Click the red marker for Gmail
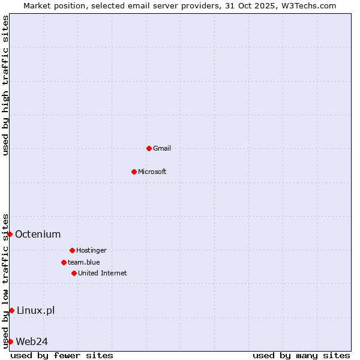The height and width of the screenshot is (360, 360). [149, 148]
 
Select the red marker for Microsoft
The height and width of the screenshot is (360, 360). [134, 172]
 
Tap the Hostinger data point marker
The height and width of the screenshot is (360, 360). [72, 250]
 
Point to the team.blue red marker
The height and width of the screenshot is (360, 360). [64, 262]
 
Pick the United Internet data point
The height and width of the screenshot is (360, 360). [74, 273]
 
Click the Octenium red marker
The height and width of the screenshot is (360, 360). [10, 234]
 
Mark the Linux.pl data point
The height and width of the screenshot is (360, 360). [11, 310]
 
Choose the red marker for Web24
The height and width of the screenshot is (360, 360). [10, 341]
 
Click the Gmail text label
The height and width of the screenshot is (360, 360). [162, 148]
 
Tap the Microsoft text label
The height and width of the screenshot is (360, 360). [152, 172]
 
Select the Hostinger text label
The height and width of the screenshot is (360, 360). [91, 250]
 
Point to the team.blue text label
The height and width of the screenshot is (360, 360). [84, 262]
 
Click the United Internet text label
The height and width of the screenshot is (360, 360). [103, 273]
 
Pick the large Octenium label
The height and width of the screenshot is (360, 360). [38, 234]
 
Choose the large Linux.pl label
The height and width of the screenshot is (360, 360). [35, 310]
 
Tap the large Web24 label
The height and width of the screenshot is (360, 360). [32, 341]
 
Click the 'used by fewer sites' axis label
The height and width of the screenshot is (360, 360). [62, 355]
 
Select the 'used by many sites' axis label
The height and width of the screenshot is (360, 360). [301, 355]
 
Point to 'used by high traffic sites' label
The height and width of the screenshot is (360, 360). [5, 85]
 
